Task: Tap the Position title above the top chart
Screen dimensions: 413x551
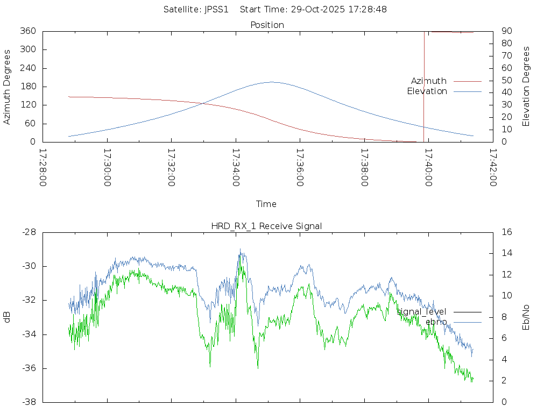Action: [267, 25]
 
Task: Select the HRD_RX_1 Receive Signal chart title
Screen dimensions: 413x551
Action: [266, 226]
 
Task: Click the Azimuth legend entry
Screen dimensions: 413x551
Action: [429, 81]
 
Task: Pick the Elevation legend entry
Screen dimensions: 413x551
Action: [427, 91]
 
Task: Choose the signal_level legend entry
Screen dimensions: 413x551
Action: [421, 312]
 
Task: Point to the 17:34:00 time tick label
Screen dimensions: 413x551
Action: [236, 167]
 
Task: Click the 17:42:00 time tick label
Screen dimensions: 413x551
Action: [493, 167]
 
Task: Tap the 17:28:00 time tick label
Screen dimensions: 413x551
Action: [43, 167]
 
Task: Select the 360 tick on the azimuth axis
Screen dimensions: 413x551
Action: [29, 31]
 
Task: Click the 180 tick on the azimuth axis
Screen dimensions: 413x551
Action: [29, 87]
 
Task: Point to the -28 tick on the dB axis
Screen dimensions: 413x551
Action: [28, 232]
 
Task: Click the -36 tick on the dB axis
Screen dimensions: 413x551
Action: [28, 368]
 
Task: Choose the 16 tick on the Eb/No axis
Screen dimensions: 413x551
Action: [506, 232]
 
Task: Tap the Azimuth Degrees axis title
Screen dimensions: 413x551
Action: [7, 87]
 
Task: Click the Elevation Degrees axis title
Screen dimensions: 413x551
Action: [526, 87]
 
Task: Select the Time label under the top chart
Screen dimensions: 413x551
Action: [266, 204]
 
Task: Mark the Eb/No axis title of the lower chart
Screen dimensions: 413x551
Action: [526, 317]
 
